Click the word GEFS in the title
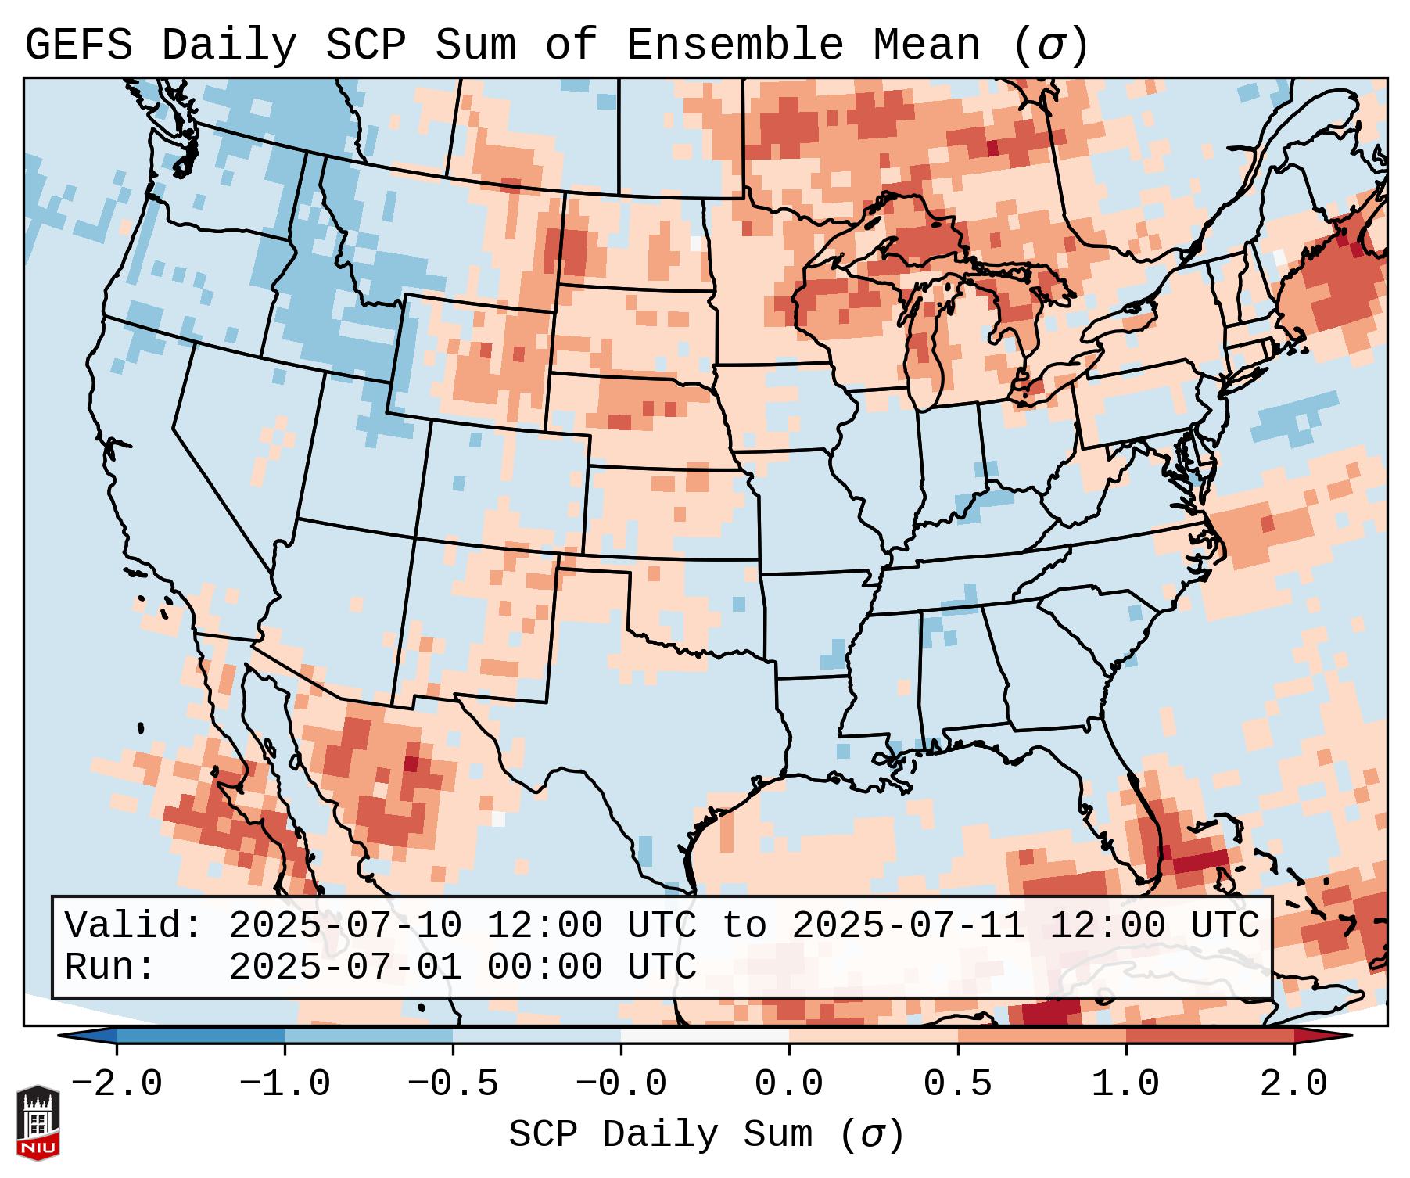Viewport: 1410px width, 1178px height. point(78,45)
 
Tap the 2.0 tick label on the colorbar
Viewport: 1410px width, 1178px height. point(1293,1084)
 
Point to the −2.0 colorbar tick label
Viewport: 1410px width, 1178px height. point(117,1084)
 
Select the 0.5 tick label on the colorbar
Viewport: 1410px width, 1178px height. point(957,1084)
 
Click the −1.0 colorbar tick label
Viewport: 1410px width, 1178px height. point(284,1084)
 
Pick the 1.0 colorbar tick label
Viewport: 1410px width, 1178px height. point(1125,1084)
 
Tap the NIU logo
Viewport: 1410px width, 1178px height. point(38,1122)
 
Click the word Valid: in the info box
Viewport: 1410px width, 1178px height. point(134,925)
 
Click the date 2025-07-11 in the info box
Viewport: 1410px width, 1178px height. point(908,925)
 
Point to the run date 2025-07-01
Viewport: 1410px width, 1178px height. point(345,967)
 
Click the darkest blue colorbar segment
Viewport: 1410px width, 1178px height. point(200,1036)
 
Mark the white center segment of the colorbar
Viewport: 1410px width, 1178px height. point(705,1036)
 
